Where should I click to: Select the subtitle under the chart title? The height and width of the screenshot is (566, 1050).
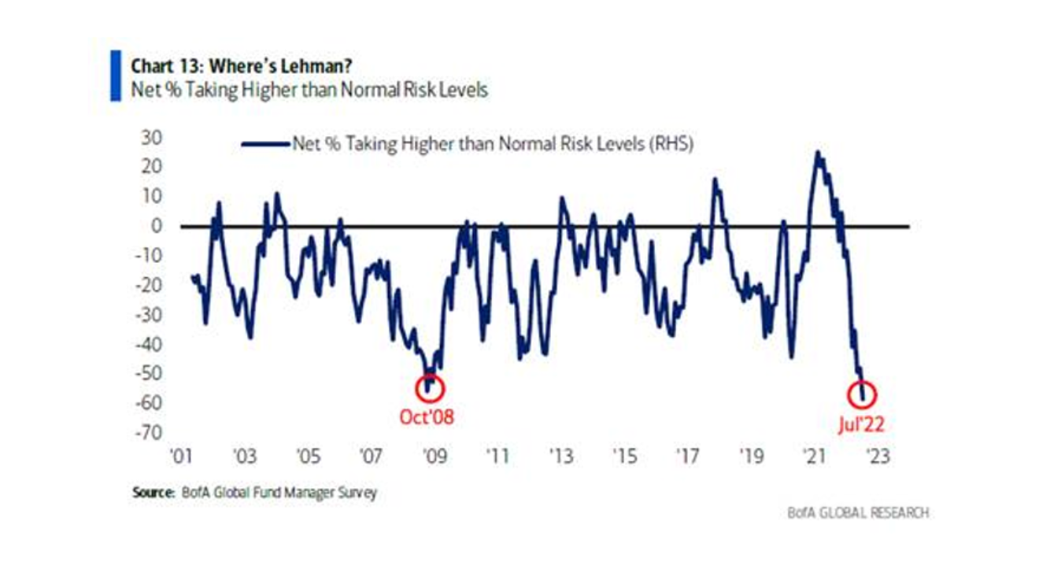click(309, 90)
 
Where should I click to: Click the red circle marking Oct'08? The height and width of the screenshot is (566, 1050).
click(431, 387)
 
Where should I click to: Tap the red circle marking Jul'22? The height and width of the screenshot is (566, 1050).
click(863, 394)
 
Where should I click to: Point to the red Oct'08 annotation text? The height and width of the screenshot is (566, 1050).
click(427, 417)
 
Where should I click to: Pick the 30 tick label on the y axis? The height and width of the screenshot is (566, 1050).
click(153, 138)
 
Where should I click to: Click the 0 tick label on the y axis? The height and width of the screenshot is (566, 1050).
click(157, 227)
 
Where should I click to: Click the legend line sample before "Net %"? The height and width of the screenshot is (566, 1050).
click(264, 144)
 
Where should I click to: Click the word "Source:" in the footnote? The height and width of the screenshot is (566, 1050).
click(152, 493)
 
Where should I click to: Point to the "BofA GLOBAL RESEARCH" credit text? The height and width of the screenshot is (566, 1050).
click(858, 512)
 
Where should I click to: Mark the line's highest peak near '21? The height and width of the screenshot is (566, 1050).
click(819, 153)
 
